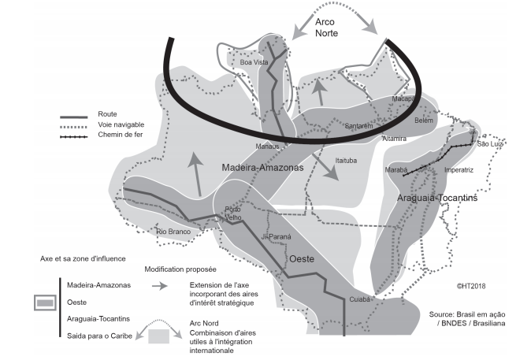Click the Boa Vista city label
click(x=253, y=61)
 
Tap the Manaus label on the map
click(x=268, y=147)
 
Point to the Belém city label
click(x=424, y=121)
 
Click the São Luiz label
click(x=491, y=145)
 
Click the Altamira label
click(x=393, y=139)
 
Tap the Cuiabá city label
click(x=359, y=299)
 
